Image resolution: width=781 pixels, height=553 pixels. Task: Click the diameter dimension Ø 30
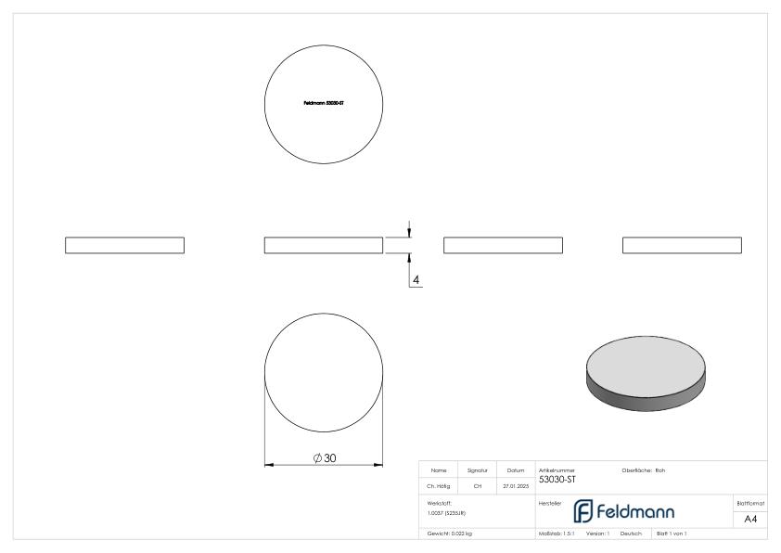click(x=324, y=458)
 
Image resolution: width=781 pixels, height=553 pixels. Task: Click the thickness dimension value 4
click(x=416, y=278)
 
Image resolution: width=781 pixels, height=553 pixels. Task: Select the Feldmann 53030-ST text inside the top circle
click(x=324, y=103)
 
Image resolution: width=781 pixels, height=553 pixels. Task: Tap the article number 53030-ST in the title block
click(x=557, y=479)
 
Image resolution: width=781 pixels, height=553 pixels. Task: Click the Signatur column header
click(x=478, y=470)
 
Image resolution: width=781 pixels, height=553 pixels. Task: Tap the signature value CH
click(x=478, y=484)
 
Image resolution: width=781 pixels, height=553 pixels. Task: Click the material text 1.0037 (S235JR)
click(x=446, y=512)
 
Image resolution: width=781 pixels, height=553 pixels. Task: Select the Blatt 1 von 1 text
click(x=672, y=534)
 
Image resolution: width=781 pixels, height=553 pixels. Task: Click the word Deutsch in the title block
click(x=632, y=534)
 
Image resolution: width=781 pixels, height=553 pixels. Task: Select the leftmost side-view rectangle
click(x=124, y=245)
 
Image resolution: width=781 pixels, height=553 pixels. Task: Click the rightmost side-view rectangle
click(x=682, y=245)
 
